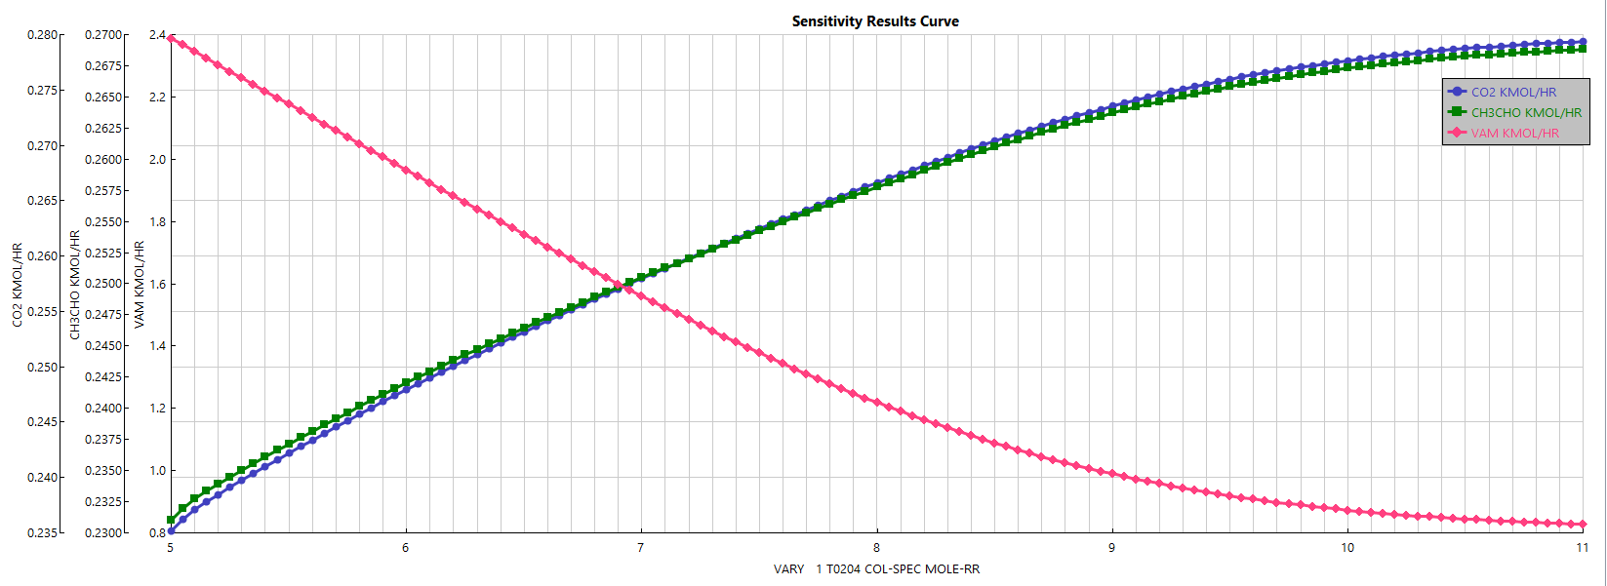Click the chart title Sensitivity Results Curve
point(875,21)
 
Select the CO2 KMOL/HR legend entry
point(1513,92)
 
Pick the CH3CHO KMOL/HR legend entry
point(1526,112)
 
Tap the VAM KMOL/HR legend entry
point(1514,133)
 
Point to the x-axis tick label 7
point(640,548)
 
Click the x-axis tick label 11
point(1582,548)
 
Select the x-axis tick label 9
point(1111,548)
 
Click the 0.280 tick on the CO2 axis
point(42,35)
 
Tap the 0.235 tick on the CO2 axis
point(42,533)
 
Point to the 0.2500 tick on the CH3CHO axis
point(104,284)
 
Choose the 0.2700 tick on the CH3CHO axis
point(104,35)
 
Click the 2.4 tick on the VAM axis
point(157,35)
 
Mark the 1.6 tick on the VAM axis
point(157,285)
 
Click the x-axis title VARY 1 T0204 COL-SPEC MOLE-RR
point(875,569)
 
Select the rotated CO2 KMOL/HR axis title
point(18,285)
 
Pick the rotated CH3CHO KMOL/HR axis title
point(75,285)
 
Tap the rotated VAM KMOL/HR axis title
point(140,285)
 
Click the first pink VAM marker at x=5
point(171,39)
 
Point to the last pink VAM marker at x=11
point(1583,525)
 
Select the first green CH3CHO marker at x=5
point(171,520)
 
